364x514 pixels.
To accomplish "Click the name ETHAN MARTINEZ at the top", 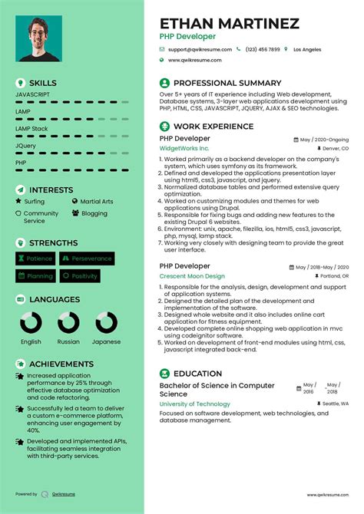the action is tap(229, 23).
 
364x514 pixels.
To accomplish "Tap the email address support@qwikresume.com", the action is tap(199, 48).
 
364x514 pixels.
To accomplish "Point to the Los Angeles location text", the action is tap(307, 48).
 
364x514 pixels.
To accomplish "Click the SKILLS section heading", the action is tap(43, 82).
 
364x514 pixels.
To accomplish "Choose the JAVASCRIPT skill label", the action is tap(32, 94).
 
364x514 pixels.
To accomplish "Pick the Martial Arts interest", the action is tap(96, 201).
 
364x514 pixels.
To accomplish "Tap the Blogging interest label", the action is tap(94, 213).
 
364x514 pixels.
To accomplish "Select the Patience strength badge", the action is tap(35, 259).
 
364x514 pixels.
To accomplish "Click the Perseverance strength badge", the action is tap(88, 259).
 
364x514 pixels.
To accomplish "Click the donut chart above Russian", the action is tap(68, 322).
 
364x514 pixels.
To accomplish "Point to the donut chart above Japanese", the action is tap(106, 322).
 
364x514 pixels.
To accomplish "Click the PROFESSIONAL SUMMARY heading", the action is tap(227, 82).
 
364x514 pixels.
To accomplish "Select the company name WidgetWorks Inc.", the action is tap(184, 148).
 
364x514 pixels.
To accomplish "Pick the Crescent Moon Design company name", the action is tap(192, 275).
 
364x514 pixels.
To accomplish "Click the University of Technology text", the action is tap(194, 404).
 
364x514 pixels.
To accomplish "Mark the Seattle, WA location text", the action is tap(335, 404).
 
